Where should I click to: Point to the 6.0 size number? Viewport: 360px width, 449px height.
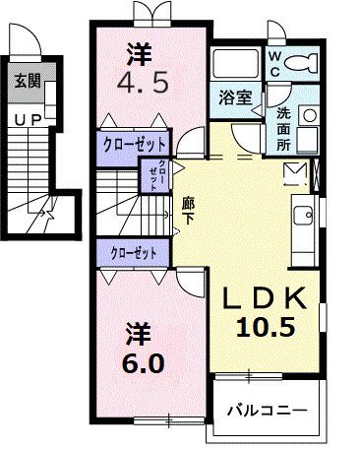143,361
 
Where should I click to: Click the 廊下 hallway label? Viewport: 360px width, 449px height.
187,210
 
